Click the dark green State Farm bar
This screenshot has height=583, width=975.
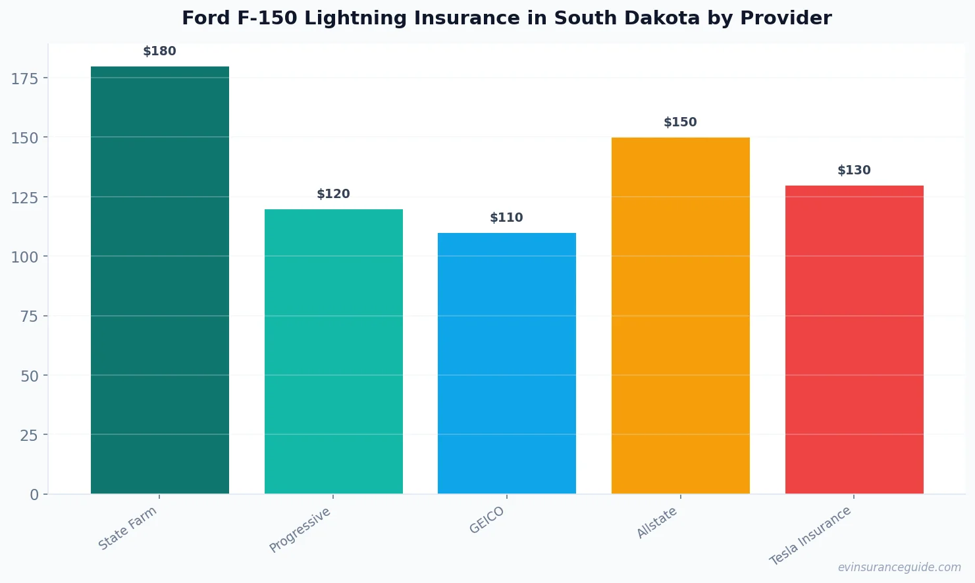click(160, 280)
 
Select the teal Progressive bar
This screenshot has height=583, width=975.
click(333, 351)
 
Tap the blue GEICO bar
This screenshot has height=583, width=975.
click(506, 363)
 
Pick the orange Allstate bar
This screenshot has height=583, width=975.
click(680, 315)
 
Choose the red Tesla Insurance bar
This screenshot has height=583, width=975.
click(854, 340)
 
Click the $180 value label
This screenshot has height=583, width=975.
click(160, 51)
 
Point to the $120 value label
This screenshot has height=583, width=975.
click(333, 194)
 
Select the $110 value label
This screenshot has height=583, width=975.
click(506, 218)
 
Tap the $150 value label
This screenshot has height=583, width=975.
click(680, 122)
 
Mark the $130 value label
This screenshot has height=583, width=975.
click(854, 170)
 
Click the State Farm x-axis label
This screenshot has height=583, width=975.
click(128, 528)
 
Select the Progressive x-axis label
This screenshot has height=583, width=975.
click(300, 530)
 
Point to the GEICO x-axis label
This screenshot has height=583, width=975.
click(487, 520)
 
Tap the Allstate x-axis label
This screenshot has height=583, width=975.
click(657, 523)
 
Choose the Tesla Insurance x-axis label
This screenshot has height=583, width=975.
click(810, 536)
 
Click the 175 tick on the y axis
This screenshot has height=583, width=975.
click(24, 79)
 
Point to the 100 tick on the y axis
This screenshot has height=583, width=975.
click(24, 257)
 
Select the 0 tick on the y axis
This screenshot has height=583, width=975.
click(34, 495)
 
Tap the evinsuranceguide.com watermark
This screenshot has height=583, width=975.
click(899, 567)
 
